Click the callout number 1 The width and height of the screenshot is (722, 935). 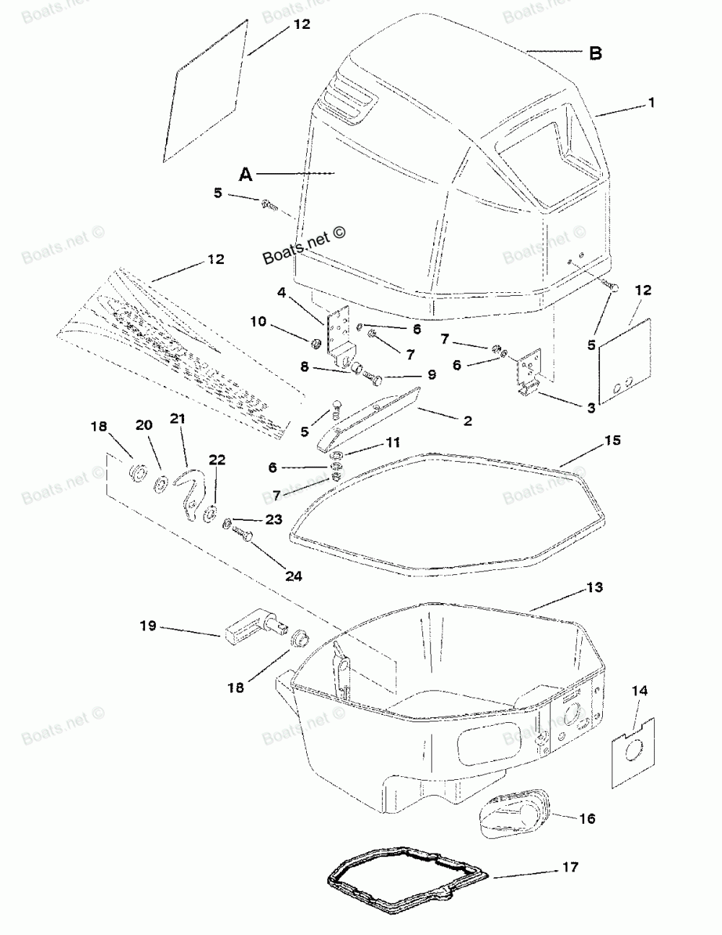pyautogui.click(x=651, y=103)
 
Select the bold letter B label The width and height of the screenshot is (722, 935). pyautogui.click(x=596, y=53)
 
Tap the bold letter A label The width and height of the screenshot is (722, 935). pyautogui.click(x=247, y=174)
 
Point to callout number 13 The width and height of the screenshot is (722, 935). pyautogui.click(x=593, y=587)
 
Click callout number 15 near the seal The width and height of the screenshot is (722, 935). pyautogui.click(x=612, y=439)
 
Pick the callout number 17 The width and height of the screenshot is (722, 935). pyautogui.click(x=570, y=866)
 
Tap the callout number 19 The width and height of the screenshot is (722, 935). pyautogui.click(x=148, y=626)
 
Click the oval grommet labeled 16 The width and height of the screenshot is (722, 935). pyautogui.click(x=516, y=813)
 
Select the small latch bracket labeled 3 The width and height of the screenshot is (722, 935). pyautogui.click(x=529, y=372)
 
